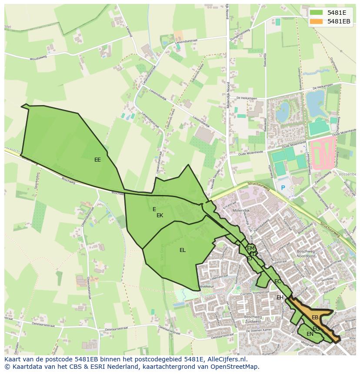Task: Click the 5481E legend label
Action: click(x=336, y=13)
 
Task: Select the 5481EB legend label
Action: click(x=339, y=21)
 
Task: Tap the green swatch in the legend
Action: click(x=317, y=13)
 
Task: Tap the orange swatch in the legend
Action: click(x=317, y=21)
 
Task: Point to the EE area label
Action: click(x=97, y=160)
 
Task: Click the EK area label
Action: click(x=160, y=215)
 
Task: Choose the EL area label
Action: click(x=183, y=250)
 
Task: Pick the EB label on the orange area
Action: click(x=315, y=318)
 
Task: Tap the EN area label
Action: click(x=310, y=334)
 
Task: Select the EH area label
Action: click(x=280, y=298)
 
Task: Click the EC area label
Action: click(x=277, y=281)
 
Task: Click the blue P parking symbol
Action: click(x=283, y=188)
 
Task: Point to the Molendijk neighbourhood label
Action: click(x=240, y=210)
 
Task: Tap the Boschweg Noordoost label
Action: click(x=309, y=254)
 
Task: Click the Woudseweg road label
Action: click(x=38, y=58)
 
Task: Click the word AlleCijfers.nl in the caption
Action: click(x=226, y=360)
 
